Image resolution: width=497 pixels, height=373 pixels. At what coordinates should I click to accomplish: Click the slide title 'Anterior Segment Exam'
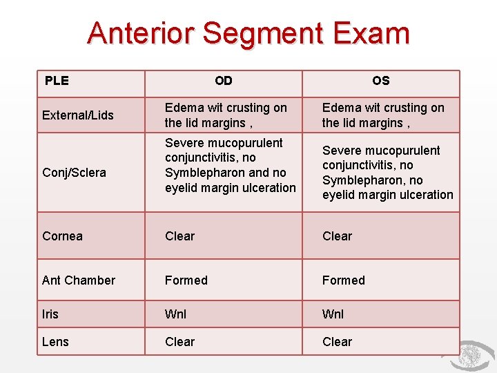pos(248,33)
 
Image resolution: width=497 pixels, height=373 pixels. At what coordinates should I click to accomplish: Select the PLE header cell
pos(57,81)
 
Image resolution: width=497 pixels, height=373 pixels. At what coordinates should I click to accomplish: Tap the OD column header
pos(224,81)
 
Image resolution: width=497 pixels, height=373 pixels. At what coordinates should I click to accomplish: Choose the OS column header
pos(380,81)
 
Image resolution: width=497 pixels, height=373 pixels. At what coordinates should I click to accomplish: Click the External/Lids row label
pos(78,115)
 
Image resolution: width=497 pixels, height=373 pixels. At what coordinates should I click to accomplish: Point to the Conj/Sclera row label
pos(74,173)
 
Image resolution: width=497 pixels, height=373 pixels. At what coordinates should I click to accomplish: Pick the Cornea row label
pos(62,236)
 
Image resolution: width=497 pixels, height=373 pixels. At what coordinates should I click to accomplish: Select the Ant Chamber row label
pos(79,280)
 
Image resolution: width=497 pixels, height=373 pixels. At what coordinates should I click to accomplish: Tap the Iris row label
pos(50,314)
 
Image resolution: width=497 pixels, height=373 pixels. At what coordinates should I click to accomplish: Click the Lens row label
pos(55,342)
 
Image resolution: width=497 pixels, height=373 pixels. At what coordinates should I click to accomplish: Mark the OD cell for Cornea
pos(180,236)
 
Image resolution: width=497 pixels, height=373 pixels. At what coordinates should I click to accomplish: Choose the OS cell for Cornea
pos(338,236)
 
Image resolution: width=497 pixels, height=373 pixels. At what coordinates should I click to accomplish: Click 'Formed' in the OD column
pos(186,280)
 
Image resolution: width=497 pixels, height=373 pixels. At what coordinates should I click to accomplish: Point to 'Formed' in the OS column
pos(344,280)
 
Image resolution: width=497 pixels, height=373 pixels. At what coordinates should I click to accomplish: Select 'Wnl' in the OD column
pos(175,314)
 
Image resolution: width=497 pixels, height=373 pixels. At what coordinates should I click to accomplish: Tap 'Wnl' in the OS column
pos(333,314)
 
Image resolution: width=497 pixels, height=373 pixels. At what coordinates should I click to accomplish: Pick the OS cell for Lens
pos(338,342)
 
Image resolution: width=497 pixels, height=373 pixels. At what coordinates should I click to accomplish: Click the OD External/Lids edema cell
pos(226,115)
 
